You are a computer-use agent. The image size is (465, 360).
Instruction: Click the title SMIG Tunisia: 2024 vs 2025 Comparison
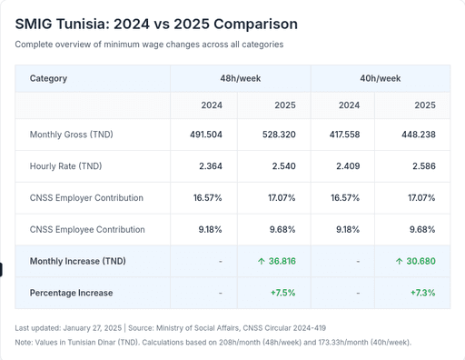tap(155, 24)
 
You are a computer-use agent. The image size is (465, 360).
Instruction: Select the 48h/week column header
tap(240, 78)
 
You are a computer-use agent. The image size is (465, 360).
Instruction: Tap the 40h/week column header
tap(381, 78)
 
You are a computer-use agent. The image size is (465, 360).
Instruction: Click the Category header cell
tap(49, 78)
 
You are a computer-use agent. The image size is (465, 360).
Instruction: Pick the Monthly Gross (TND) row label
tap(71, 135)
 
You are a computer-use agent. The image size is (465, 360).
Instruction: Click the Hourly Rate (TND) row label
tap(66, 166)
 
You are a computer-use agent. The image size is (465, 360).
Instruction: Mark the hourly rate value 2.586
tap(422, 166)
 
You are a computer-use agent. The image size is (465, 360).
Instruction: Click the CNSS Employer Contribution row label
tap(87, 197)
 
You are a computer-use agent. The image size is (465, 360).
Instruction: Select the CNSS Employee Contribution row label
tap(87, 229)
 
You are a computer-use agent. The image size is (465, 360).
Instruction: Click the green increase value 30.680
tap(417, 261)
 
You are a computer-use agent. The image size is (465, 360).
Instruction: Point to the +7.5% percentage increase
tap(283, 293)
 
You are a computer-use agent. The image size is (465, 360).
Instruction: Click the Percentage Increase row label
tap(72, 293)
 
